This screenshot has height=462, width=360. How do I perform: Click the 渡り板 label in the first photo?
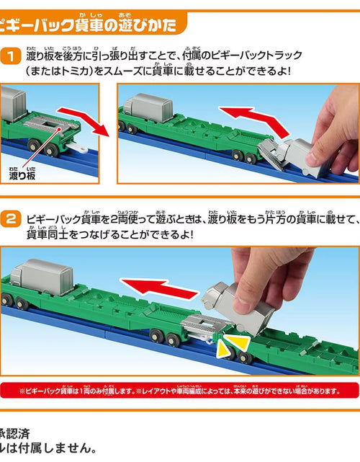(21, 174)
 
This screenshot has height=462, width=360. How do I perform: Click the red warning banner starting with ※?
(180, 390)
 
